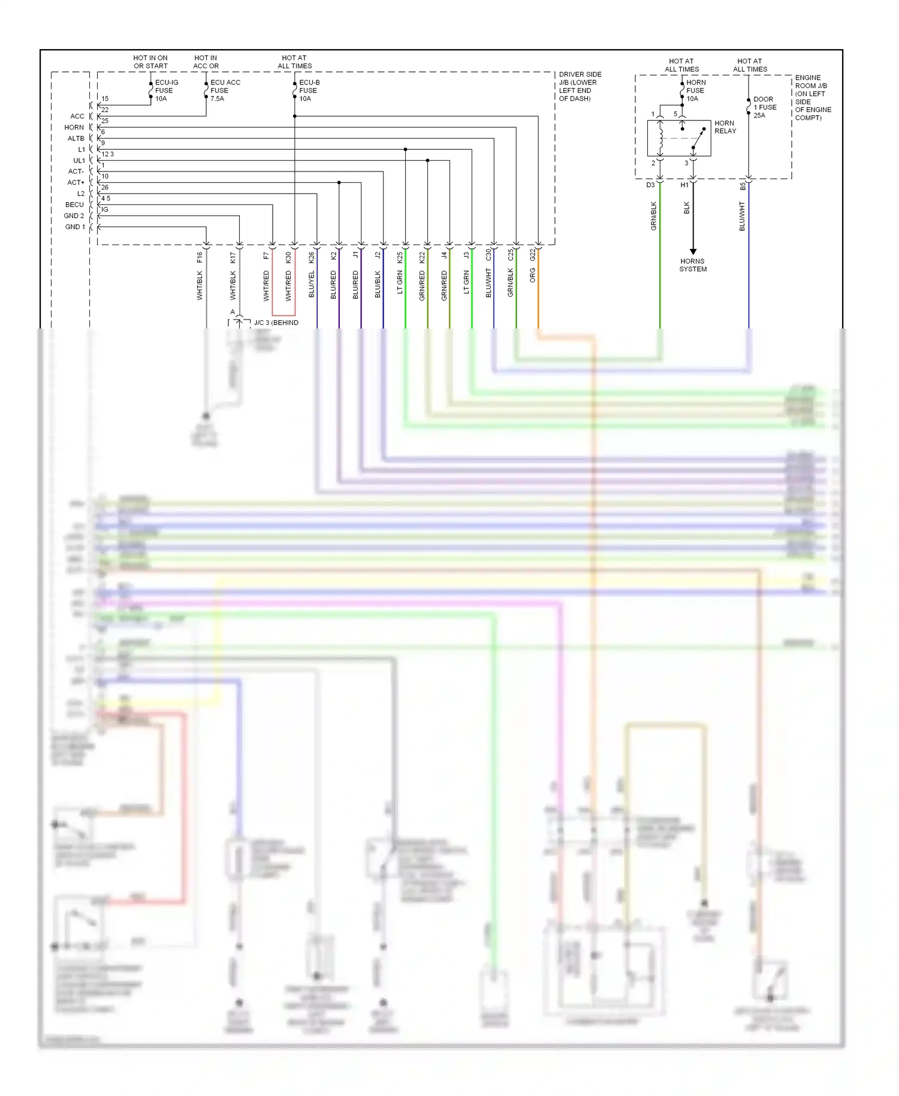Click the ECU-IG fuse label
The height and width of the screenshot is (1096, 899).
pyautogui.click(x=165, y=91)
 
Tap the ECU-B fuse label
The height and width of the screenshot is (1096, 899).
pyautogui.click(x=309, y=91)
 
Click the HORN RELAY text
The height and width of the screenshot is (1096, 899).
pyautogui.click(x=725, y=127)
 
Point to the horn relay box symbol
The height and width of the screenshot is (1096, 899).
pyautogui.click(x=678, y=138)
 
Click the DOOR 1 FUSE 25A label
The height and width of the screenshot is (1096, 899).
pyautogui.click(x=764, y=107)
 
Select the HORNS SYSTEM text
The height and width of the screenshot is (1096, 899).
pyautogui.click(x=693, y=265)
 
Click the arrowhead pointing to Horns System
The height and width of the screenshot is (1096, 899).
pyautogui.click(x=693, y=252)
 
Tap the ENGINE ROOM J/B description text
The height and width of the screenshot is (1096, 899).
pyautogui.click(x=813, y=98)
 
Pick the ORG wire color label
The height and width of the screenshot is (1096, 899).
pyautogui.click(x=532, y=275)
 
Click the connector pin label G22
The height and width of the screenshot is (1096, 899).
pyautogui.click(x=532, y=255)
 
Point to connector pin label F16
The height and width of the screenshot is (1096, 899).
pyautogui.click(x=200, y=257)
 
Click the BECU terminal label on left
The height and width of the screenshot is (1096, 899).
pyautogui.click(x=75, y=204)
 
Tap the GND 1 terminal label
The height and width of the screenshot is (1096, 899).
pyautogui.click(x=75, y=227)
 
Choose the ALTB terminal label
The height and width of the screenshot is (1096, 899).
pyautogui.click(x=76, y=138)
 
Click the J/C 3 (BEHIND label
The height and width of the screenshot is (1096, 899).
pyautogui.click(x=276, y=323)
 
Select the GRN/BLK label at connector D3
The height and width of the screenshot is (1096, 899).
pyautogui.click(x=653, y=216)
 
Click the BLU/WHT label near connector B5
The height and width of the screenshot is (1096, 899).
pyautogui.click(x=742, y=216)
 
